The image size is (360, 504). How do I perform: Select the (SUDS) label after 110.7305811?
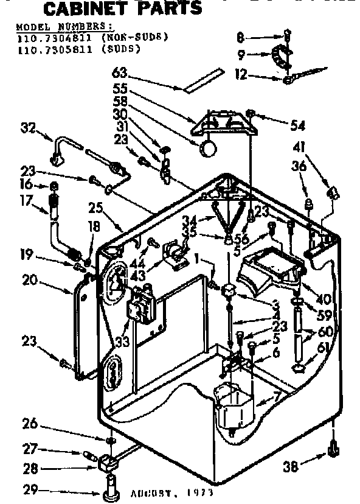[x=124, y=49]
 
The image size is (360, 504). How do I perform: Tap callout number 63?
[x=119, y=74]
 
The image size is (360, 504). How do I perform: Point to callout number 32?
[x=28, y=128]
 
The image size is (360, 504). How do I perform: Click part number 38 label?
[x=292, y=467]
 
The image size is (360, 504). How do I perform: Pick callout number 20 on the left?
[x=29, y=281]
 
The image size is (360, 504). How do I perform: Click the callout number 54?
[x=297, y=125]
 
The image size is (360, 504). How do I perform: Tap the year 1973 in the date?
[x=199, y=492]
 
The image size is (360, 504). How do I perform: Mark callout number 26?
[x=29, y=423]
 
